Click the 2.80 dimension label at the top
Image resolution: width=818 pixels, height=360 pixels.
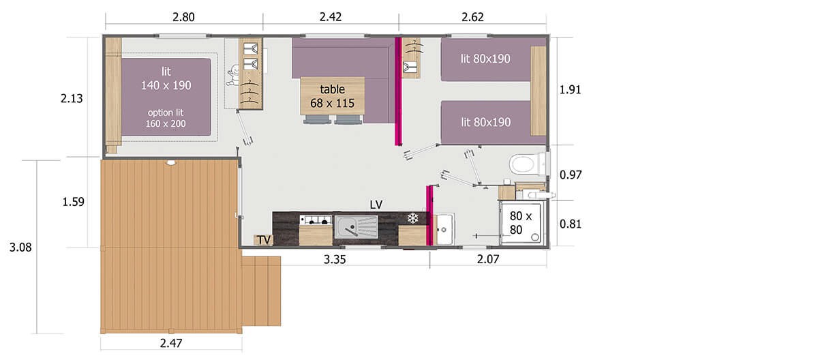click(183, 17)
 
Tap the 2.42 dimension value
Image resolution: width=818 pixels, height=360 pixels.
click(330, 17)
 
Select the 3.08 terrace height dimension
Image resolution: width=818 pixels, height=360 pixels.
click(20, 247)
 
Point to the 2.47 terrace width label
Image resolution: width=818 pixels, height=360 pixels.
click(171, 343)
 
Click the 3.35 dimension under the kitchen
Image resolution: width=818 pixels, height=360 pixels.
click(335, 260)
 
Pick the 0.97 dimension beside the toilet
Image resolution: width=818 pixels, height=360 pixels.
click(571, 175)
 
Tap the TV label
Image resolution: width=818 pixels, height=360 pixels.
click(264, 240)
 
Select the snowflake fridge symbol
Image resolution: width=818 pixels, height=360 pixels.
click(412, 218)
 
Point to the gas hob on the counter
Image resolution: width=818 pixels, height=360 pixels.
click(316, 220)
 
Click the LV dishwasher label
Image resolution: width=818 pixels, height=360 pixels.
click(376, 205)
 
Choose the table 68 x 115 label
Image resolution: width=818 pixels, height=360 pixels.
click(333, 96)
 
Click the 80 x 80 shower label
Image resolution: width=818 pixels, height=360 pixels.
click(520, 223)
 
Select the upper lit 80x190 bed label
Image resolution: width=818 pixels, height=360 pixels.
click(485, 59)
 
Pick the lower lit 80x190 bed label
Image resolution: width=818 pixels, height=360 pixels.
click(485, 122)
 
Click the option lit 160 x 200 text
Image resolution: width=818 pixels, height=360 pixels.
click(166, 118)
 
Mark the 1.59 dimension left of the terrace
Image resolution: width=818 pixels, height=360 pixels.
click(73, 202)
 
